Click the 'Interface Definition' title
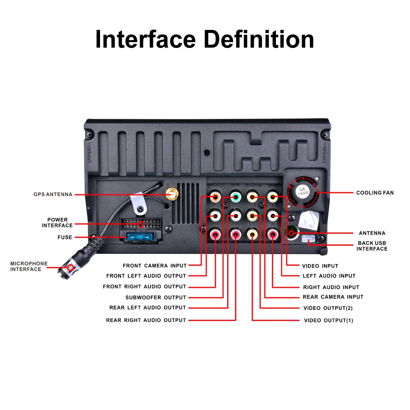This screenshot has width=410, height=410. click(205, 40)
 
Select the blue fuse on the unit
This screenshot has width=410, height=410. click(140, 237)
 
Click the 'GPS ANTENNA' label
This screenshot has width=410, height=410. click(53, 194)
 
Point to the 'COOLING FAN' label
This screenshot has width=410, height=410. click(375, 193)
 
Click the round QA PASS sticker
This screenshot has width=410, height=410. click(303, 191)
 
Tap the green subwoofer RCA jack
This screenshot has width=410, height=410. click(235, 197)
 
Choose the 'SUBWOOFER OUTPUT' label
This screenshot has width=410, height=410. click(156, 297)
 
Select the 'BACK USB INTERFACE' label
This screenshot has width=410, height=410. click(372, 246)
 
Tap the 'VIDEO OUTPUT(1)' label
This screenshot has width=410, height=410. click(328, 320)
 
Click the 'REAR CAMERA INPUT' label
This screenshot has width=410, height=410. click(333, 297)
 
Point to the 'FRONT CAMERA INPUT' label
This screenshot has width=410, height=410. click(155, 266)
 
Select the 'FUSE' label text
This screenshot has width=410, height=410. click(65, 237)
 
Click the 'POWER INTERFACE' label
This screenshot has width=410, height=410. click(57, 223)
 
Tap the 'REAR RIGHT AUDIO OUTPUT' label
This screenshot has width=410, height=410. click(146, 320)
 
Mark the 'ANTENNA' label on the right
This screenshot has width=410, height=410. click(372, 233)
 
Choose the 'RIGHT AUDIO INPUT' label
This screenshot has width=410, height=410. click(331, 287)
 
